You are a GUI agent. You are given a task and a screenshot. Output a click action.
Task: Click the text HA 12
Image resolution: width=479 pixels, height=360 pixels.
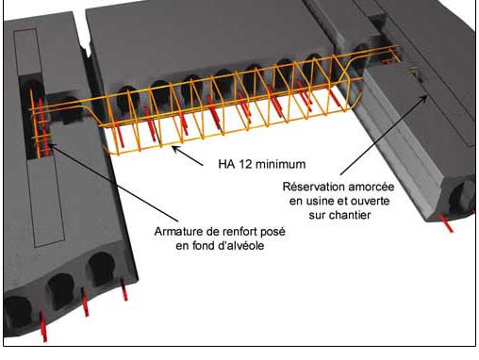pyautogui.click(x=230, y=164)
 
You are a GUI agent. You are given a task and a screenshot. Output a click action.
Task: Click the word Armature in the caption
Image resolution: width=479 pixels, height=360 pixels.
pyautogui.click(x=178, y=232)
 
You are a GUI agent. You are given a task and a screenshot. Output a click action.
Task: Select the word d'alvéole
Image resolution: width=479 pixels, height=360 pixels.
pyautogui.click(x=241, y=245)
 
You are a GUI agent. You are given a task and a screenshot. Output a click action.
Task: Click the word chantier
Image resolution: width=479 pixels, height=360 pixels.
pyautogui.click(x=351, y=215)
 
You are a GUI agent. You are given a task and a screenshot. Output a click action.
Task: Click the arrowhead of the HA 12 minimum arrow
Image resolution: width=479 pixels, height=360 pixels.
pyautogui.click(x=174, y=148)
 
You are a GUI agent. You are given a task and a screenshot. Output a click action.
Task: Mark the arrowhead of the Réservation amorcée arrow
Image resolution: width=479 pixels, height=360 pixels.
pyautogui.click(x=425, y=97)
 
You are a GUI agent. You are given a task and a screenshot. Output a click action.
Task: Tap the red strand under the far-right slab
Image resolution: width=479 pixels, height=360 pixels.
pyautogui.click(x=447, y=223)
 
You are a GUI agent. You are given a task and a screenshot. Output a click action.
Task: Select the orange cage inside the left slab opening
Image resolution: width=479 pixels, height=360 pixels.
pyautogui.click(x=41, y=125)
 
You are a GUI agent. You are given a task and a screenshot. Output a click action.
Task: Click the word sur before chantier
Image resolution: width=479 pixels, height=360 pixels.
pyautogui.click(x=318, y=215)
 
